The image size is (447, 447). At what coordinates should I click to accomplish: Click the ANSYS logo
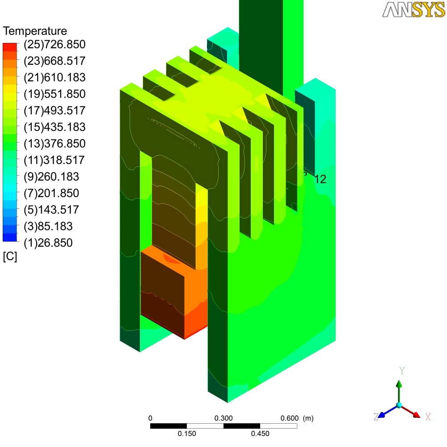tap(413, 9)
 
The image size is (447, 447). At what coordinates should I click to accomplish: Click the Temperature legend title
tap(35, 31)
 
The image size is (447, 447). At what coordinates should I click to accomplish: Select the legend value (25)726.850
tap(55, 44)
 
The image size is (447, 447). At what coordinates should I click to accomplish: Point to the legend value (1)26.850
tap(48, 243)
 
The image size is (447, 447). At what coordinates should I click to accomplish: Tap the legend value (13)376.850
tap(55, 143)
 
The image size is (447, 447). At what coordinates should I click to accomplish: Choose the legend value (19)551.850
tap(55, 94)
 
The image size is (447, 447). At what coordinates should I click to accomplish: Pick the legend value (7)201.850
tap(51, 193)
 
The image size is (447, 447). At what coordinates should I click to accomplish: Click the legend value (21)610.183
tap(55, 77)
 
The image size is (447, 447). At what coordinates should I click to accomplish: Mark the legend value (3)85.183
tap(48, 226)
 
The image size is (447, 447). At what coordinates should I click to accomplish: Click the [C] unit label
tap(10, 257)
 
